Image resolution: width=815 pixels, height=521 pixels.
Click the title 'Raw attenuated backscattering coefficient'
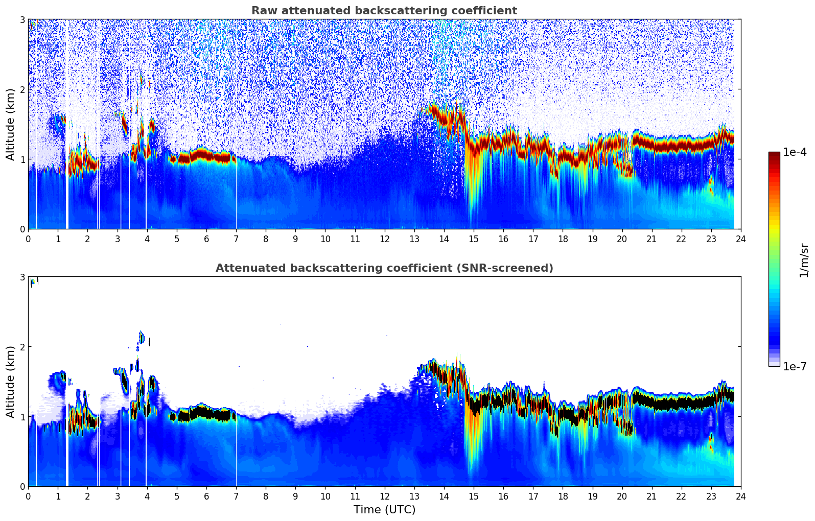[384, 11]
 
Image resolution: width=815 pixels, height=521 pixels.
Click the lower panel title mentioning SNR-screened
[384, 268]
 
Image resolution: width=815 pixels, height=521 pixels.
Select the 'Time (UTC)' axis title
[384, 510]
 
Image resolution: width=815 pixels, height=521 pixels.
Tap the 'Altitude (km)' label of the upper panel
[10, 124]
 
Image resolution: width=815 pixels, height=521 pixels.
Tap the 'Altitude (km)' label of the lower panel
[10, 382]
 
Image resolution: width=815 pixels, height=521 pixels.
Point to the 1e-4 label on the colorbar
[795, 152]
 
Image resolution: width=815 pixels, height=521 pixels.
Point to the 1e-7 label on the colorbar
[795, 366]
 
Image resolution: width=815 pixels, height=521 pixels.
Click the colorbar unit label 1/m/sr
[804, 260]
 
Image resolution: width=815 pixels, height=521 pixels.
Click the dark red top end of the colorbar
[774, 154]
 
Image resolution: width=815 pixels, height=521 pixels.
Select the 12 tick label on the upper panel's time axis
[384, 239]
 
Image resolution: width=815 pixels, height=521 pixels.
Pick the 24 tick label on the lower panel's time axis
[740, 496]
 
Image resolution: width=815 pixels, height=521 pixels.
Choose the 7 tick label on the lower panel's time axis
[236, 496]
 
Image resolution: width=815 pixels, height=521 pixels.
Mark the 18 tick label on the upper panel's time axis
[563, 239]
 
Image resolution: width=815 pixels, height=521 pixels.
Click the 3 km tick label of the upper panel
[22, 19]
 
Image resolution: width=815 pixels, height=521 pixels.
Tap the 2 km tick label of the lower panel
[22, 347]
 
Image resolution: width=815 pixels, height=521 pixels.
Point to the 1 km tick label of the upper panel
[22, 159]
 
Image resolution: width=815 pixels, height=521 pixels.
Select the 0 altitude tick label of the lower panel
[22, 487]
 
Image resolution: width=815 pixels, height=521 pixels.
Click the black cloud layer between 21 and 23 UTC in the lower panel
[680, 403]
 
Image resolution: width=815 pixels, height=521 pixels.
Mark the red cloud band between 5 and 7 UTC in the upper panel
[204, 155]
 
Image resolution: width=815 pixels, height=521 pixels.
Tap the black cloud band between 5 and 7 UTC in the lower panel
[204, 413]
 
